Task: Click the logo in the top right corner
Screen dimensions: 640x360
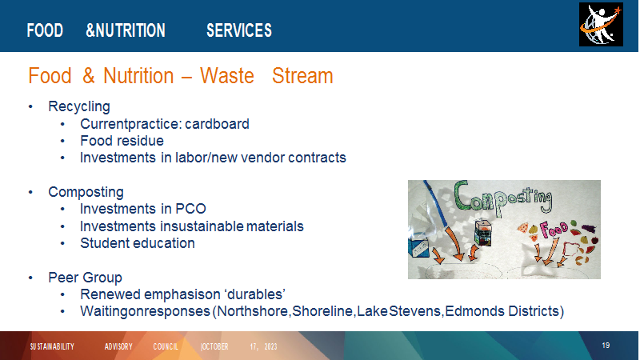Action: pos(601,25)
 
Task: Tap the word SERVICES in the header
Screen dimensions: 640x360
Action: pos(238,30)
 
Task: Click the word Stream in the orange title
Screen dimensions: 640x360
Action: pos(302,76)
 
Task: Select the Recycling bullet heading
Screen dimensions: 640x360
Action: pos(79,106)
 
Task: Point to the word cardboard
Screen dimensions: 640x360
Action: pos(217,124)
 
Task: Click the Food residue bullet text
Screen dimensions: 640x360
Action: pos(122,141)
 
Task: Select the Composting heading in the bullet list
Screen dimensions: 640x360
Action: pos(86,192)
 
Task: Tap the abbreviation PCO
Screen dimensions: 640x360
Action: pos(190,209)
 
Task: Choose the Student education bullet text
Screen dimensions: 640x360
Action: pos(137,243)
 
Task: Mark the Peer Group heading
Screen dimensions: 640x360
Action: pos(85,278)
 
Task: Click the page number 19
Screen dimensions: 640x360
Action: pos(606,346)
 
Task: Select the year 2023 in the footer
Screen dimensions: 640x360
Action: pos(270,346)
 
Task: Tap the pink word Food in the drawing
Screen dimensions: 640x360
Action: pos(554,229)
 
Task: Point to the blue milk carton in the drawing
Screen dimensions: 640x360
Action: pos(418,248)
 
